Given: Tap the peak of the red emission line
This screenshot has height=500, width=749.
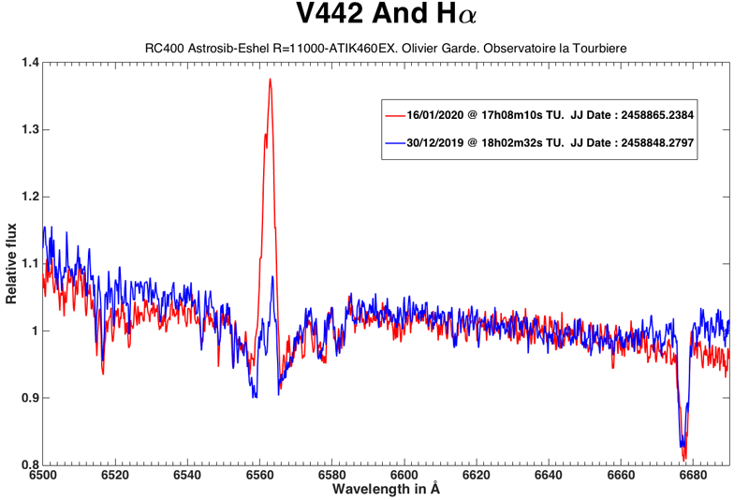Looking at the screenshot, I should tap(270, 80).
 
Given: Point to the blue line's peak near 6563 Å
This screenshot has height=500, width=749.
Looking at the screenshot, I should tap(272, 276).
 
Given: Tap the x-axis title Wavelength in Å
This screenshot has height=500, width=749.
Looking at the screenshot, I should tap(387, 489).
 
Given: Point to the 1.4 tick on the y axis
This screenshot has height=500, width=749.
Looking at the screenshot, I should tap(29, 63).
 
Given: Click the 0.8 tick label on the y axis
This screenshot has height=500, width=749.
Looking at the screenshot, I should tap(29, 465).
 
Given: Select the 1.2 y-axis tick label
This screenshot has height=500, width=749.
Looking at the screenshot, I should tap(29, 197).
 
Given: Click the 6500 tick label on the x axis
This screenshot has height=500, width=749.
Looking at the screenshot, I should tap(43, 476).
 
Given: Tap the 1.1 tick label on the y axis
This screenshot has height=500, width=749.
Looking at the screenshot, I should tap(29, 264).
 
